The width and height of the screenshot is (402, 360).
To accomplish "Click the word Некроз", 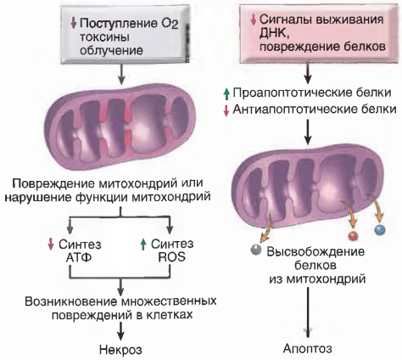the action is tap(120, 350).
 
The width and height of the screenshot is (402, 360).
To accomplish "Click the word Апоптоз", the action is tap(308, 348).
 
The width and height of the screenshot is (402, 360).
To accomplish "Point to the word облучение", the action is tap(111, 50).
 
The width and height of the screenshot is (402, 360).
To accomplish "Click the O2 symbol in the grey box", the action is tap(170, 24).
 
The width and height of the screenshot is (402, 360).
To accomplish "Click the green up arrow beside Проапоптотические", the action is tap(226, 94).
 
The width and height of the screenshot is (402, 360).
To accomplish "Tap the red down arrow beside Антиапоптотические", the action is tap(226, 110).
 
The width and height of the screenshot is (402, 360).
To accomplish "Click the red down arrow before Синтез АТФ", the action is tap(51, 245).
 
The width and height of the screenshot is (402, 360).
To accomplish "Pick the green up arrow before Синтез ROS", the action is tap(143, 245).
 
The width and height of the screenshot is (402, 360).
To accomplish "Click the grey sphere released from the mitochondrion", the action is tap(256, 250).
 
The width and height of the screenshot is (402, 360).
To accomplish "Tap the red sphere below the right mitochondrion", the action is tap(352, 236).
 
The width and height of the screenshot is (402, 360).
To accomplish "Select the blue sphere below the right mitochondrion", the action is tap(380, 229).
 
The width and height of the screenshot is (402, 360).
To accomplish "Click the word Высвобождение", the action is tap(315, 251).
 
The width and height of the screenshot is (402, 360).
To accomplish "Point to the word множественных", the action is tap(170, 301).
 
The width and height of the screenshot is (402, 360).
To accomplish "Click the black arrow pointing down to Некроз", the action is tap(120, 331).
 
